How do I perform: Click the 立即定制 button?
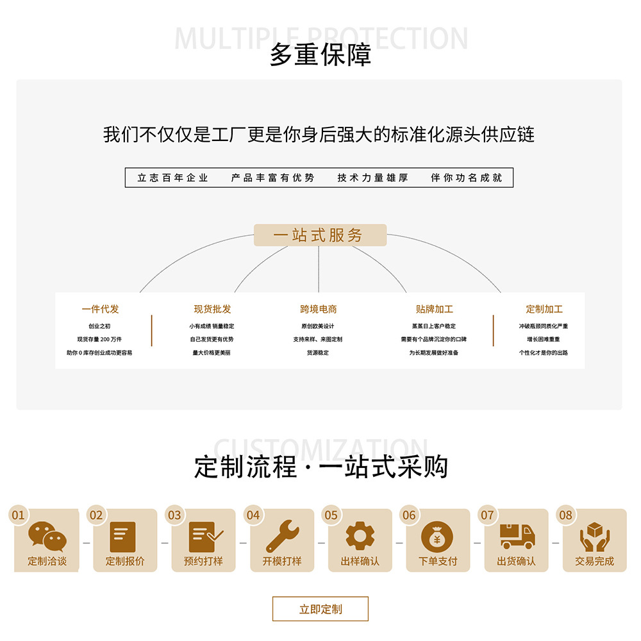[320, 609]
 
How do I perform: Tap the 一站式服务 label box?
[320, 235]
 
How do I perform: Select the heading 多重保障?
[320, 56]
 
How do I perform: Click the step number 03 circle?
[174, 515]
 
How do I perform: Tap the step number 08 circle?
[565, 515]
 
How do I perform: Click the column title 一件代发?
[100, 309]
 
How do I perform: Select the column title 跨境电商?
[319, 309]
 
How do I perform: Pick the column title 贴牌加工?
[434, 309]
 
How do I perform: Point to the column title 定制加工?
[544, 309]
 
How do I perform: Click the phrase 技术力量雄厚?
[372, 178]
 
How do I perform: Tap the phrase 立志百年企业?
[173, 178]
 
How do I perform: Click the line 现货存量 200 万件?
[99, 339]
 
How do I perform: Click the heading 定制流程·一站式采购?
[320, 467]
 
